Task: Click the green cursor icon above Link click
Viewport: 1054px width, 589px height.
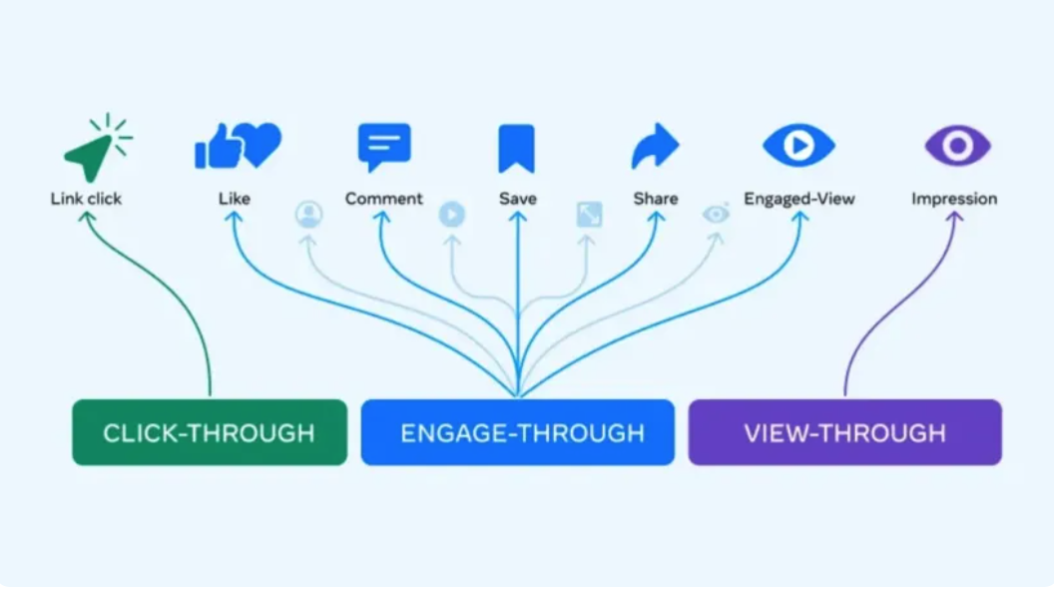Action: [x=93, y=153]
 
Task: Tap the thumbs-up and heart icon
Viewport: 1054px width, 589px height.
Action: [x=238, y=146]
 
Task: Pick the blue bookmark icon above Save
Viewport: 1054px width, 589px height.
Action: [x=516, y=148]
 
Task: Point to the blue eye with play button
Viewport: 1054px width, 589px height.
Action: [x=798, y=146]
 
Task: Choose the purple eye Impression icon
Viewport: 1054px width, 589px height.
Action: [x=957, y=146]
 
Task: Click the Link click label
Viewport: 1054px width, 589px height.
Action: [x=86, y=199]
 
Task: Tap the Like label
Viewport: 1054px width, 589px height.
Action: [x=235, y=199]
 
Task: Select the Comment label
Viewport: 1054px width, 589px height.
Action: [x=384, y=199]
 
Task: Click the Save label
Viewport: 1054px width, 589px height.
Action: [x=517, y=199]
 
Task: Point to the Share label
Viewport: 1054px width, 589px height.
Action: [x=656, y=199]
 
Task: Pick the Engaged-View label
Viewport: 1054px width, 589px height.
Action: [x=799, y=199]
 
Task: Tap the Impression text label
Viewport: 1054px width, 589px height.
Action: [x=954, y=199]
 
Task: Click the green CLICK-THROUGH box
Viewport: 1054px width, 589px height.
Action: [x=210, y=432]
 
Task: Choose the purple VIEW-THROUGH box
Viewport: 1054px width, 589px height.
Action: [x=844, y=432]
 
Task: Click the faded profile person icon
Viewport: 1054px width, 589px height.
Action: [x=309, y=214]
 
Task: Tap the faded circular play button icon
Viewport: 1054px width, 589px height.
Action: [x=452, y=214]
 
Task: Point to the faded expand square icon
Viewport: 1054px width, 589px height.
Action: [x=589, y=214]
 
